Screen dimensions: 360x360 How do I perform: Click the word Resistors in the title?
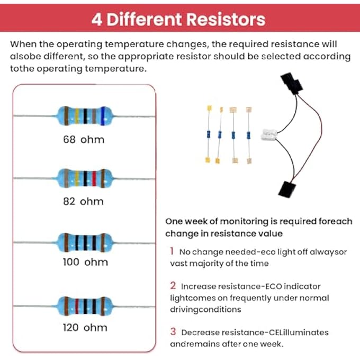pos(226,19)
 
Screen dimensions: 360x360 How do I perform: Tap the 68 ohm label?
pos(84,139)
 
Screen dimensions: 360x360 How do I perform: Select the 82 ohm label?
pos(83,201)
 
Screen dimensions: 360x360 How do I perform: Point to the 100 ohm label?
pos(85,262)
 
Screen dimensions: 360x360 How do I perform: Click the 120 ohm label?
pos(85,327)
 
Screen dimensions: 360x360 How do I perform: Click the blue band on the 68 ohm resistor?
pos(103,116)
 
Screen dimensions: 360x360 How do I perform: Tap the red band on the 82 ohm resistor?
pos(94,178)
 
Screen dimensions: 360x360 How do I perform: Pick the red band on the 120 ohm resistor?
pos(77,307)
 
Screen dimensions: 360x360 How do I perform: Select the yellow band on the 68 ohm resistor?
pos(77,116)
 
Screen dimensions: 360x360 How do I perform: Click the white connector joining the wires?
pos(269,134)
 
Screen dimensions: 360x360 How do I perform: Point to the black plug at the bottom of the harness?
pos(287,189)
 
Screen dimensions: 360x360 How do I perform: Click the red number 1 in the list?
pos(172,251)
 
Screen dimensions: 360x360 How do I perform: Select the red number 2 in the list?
pos(173,285)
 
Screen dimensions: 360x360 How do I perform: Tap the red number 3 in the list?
pos(173,331)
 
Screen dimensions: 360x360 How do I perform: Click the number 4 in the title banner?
pos(97,20)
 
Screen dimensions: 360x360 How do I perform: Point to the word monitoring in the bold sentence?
pos(244,221)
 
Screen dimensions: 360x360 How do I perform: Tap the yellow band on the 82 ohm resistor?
pos(77,178)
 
